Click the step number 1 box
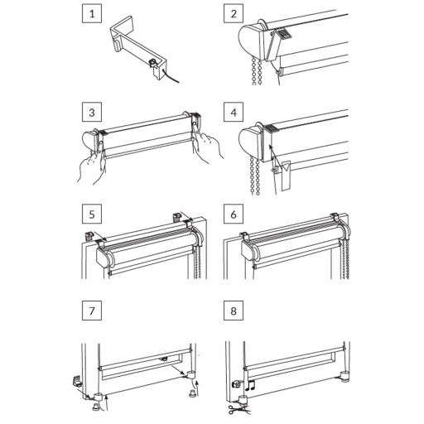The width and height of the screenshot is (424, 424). click(92, 13)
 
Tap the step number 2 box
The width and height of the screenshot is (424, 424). click(234, 13)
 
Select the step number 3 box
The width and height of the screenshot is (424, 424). click(92, 112)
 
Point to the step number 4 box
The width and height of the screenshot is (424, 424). click(234, 112)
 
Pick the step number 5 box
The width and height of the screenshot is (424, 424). click(92, 214)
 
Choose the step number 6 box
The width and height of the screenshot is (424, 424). click(234, 214)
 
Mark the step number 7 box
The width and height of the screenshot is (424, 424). click(92, 311)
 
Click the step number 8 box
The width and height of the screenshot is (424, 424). click(234, 311)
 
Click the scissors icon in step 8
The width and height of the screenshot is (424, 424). click(236, 409)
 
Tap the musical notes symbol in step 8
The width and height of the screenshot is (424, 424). click(250, 385)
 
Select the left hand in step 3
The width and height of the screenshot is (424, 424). click(91, 163)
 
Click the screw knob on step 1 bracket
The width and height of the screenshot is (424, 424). click(152, 62)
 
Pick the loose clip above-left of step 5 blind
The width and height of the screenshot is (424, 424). click(89, 236)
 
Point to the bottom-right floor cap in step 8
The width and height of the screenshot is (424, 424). click(344, 376)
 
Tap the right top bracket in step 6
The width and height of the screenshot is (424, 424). click(335, 216)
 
